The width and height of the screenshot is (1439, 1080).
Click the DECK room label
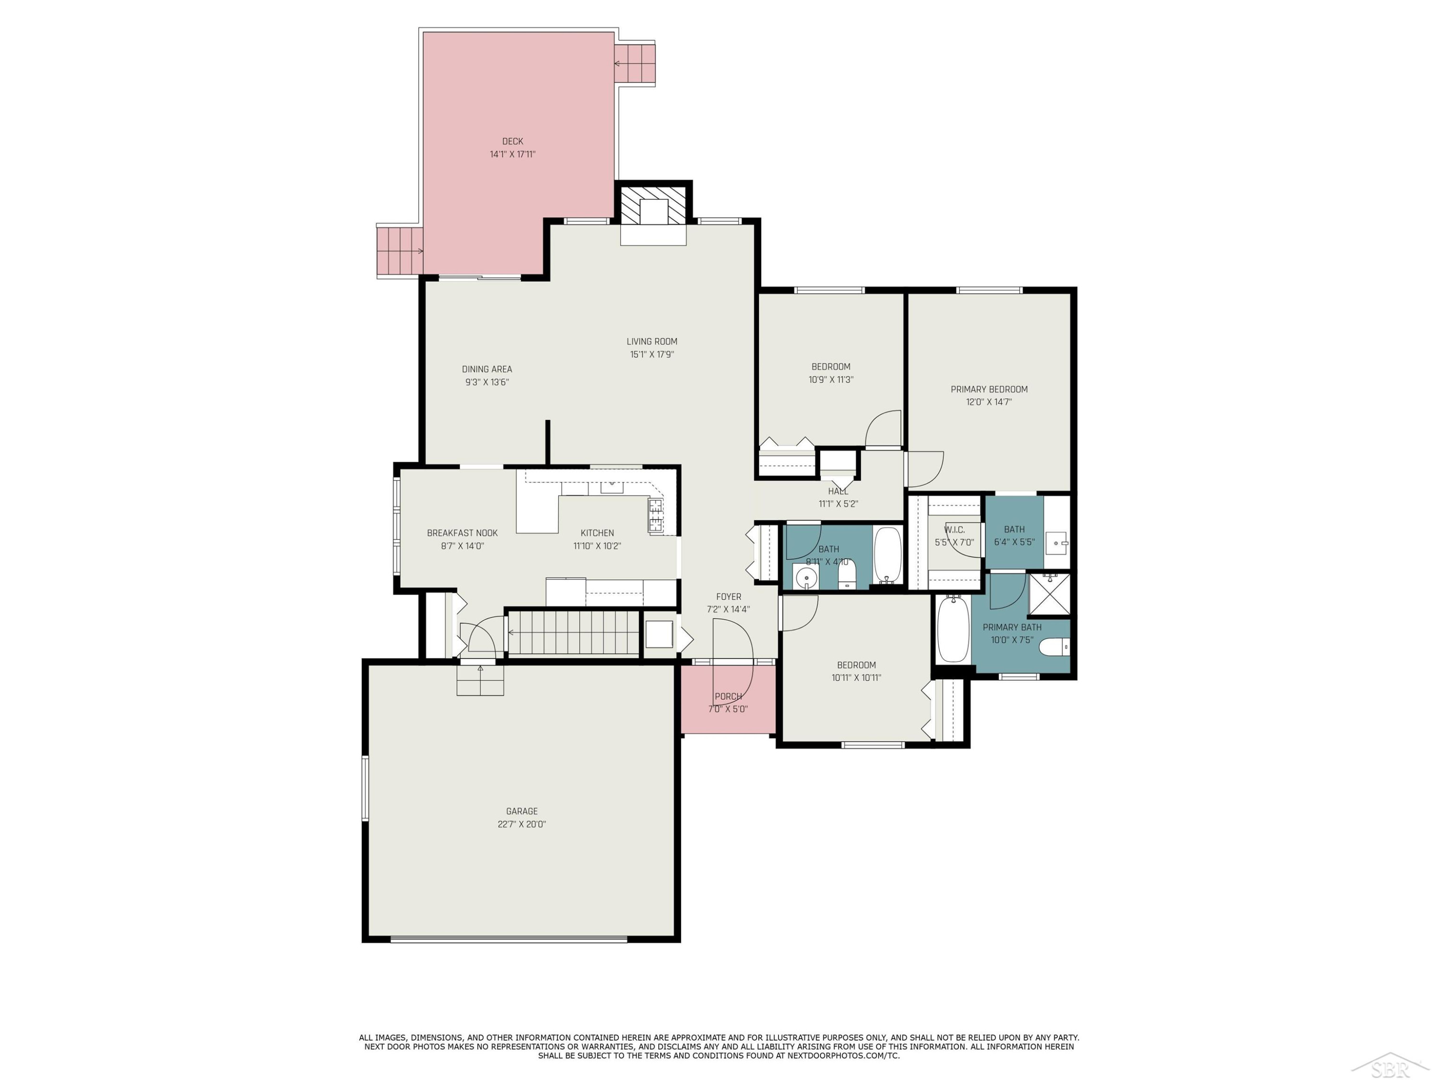(x=513, y=141)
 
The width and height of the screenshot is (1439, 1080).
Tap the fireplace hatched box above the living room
(x=653, y=206)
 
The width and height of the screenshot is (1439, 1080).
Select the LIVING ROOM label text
(x=652, y=342)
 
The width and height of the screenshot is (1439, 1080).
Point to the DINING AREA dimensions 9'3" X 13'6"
(x=486, y=383)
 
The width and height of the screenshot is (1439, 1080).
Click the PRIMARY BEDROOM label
(x=989, y=389)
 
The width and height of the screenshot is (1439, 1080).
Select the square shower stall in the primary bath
(x=1049, y=594)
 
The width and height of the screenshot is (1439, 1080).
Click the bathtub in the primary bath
(x=953, y=629)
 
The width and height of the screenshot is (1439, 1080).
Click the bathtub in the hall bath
(x=887, y=555)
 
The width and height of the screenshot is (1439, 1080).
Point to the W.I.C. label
(x=955, y=530)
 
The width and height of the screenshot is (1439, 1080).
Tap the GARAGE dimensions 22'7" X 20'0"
(x=522, y=824)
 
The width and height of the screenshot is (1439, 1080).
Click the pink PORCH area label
(x=728, y=696)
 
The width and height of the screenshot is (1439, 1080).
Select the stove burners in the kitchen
(x=656, y=516)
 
